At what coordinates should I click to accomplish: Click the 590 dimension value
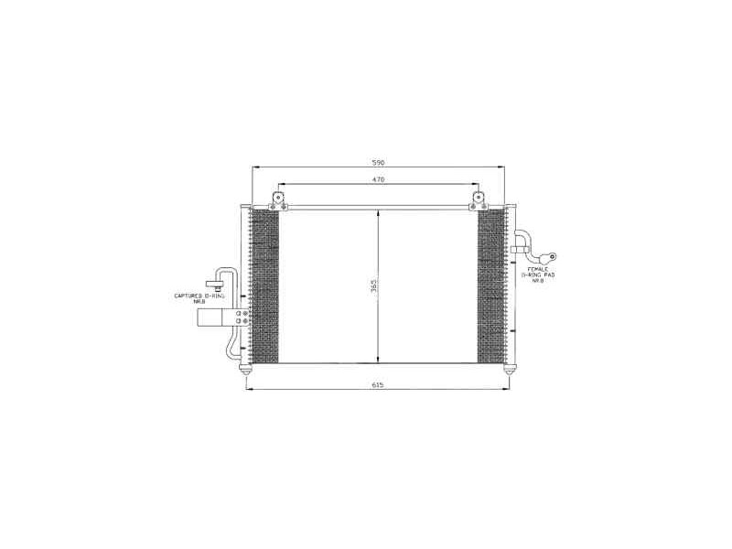(x=377, y=162)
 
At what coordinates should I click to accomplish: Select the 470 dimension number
(x=377, y=179)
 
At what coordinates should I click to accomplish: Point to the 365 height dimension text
(x=373, y=287)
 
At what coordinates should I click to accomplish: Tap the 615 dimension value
(x=377, y=385)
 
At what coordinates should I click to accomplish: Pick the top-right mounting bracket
(x=478, y=199)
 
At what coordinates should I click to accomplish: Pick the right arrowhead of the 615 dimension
(x=507, y=391)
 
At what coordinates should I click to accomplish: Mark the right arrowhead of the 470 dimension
(x=474, y=185)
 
